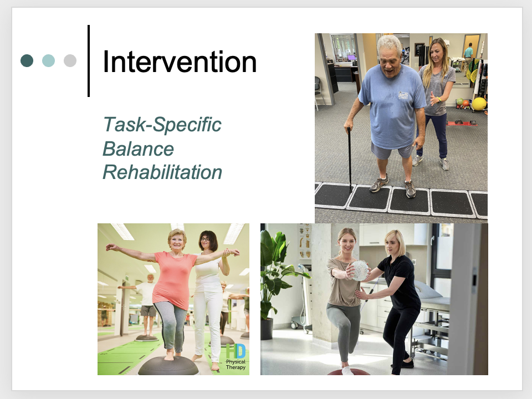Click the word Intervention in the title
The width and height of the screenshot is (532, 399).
point(180,62)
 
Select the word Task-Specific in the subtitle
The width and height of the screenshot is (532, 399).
point(162,125)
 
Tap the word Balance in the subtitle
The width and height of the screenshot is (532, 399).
point(138,149)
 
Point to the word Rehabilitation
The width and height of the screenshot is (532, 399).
point(162,172)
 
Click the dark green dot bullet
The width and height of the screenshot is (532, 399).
point(27,61)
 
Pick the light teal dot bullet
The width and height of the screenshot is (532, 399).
point(49,61)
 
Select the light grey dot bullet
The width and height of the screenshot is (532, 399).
point(70,61)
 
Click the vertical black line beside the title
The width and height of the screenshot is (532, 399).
point(89,61)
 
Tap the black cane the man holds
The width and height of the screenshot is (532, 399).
point(350,160)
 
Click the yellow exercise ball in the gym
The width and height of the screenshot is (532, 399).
point(479,104)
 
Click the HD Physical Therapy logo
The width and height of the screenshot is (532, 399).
point(236,356)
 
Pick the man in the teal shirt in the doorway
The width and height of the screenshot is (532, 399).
point(469,56)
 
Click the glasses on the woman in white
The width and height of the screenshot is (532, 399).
point(206,239)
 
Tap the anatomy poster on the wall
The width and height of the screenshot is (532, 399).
point(304,241)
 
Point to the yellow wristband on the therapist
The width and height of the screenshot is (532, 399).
point(439,100)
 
